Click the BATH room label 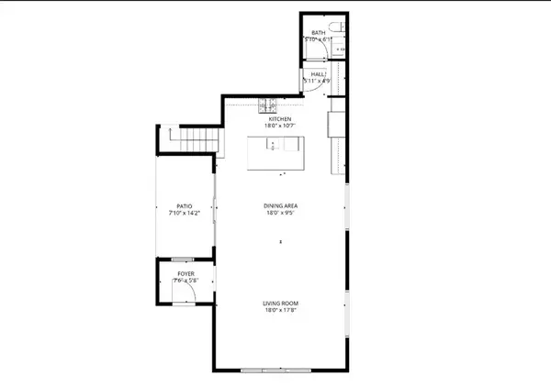click(x=318, y=33)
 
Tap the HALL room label click(x=317, y=74)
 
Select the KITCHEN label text click(x=279, y=119)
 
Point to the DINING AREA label click(x=279, y=206)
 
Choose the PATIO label click(x=185, y=205)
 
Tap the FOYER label click(x=185, y=274)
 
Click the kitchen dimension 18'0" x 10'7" click(x=279, y=127)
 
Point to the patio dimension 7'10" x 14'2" click(x=185, y=213)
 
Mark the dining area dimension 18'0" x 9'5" click(x=279, y=214)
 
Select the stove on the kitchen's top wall click(x=267, y=102)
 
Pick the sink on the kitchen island click(x=273, y=144)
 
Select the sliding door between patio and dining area click(x=215, y=211)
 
